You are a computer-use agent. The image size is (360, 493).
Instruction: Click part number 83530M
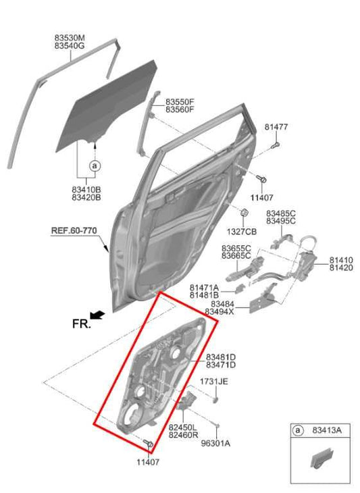pyautogui.click(x=70, y=37)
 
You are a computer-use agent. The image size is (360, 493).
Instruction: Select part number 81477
pyautogui.click(x=276, y=127)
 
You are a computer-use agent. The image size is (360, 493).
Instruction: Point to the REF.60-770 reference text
pyautogui.click(x=74, y=230)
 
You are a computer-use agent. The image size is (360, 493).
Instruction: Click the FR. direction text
pyautogui.click(x=81, y=323)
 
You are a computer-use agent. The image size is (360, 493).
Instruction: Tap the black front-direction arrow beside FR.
pyautogui.click(x=97, y=315)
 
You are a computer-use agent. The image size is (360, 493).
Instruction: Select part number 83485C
pyautogui.click(x=281, y=213)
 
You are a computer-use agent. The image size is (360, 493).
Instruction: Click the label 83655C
pyautogui.click(x=236, y=249)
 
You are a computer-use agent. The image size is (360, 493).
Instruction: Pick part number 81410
pyautogui.click(x=341, y=260)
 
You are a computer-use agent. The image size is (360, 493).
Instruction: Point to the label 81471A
pyautogui.click(x=204, y=287)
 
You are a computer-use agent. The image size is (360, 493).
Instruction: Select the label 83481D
pyautogui.click(x=221, y=357)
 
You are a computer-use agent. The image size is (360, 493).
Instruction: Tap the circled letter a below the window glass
pyautogui.click(x=95, y=165)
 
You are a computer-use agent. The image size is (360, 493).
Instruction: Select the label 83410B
pyautogui.click(x=86, y=190)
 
